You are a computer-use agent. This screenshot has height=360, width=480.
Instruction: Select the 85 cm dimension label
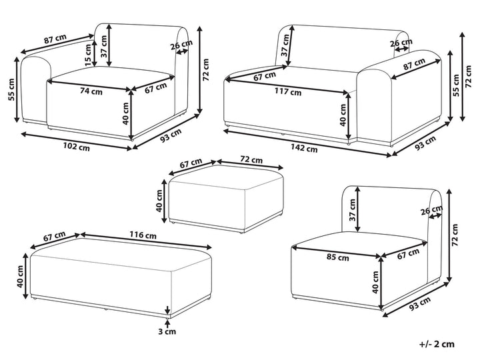tap(338, 257)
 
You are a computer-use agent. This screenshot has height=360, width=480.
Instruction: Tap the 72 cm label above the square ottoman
tap(251, 161)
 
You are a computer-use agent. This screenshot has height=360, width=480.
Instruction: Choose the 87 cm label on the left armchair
tap(55, 39)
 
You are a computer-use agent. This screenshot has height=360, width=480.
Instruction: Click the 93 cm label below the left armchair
tap(170, 136)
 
